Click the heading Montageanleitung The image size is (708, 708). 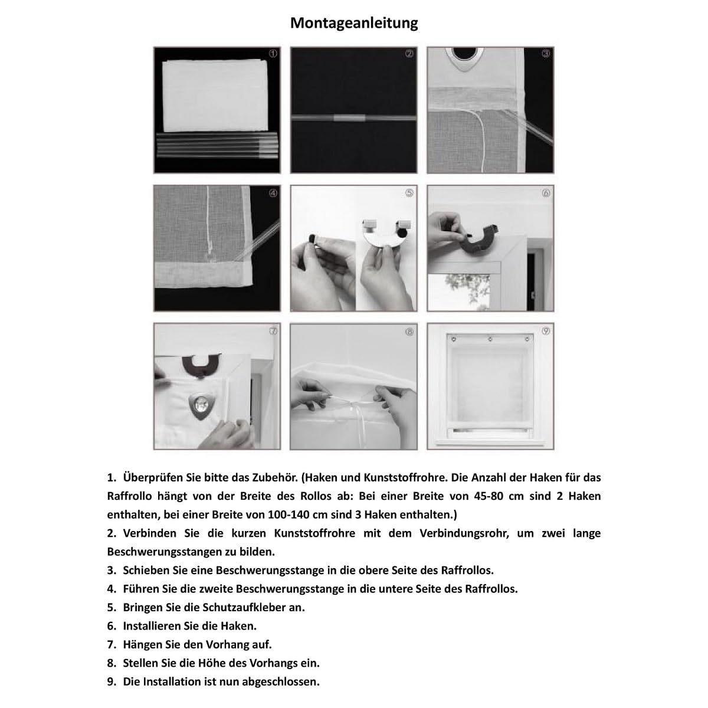point(354,23)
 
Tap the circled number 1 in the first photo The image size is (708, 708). point(273,53)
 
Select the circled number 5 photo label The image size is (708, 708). point(409,193)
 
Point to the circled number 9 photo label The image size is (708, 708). point(546,331)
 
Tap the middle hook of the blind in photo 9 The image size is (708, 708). point(490,339)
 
